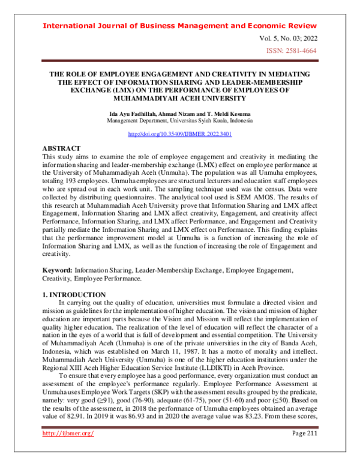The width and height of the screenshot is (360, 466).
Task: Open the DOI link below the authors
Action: (180, 134)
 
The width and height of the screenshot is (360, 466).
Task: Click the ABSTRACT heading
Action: (61, 148)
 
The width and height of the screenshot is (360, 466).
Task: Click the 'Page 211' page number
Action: (301, 450)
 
